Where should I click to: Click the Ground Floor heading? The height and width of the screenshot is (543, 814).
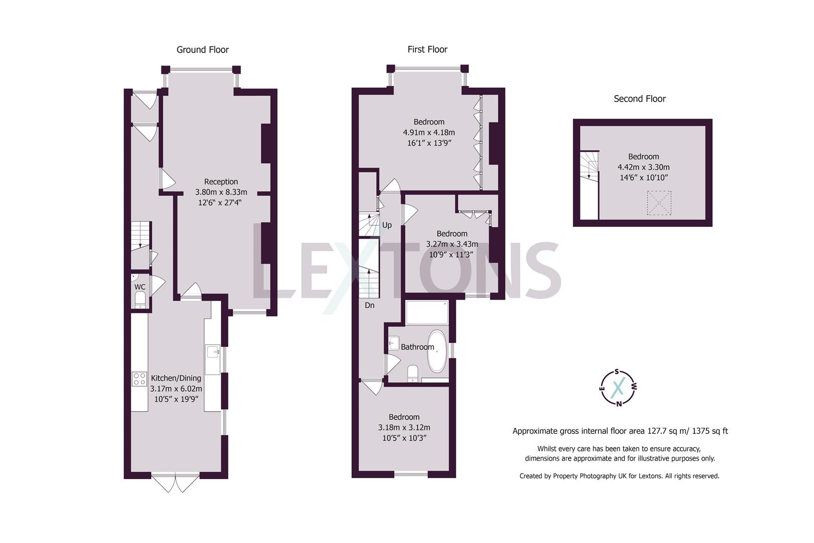[x=202, y=49]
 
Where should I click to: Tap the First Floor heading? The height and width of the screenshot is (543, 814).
[x=427, y=49]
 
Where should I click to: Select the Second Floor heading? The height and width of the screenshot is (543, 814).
[x=639, y=99]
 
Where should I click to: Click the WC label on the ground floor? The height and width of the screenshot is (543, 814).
[x=140, y=287]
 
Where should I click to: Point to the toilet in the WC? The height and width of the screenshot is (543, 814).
[x=140, y=300]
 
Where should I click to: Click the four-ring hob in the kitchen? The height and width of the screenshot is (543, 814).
[x=139, y=379]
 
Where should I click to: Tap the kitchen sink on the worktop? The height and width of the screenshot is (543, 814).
[x=213, y=351]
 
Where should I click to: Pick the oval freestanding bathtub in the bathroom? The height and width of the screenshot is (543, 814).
[x=437, y=351]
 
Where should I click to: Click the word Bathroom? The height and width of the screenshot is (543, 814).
[x=417, y=347]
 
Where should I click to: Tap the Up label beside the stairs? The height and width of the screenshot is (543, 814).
[x=387, y=225]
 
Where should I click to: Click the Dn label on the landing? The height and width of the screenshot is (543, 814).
[x=369, y=305]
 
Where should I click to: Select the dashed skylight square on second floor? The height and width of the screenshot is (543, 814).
[x=659, y=203]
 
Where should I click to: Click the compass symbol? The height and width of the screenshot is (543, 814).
[x=619, y=387]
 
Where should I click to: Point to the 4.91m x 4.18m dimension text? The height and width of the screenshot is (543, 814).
[x=429, y=132]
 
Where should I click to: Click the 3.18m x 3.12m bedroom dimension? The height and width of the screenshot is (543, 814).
[x=404, y=427]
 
